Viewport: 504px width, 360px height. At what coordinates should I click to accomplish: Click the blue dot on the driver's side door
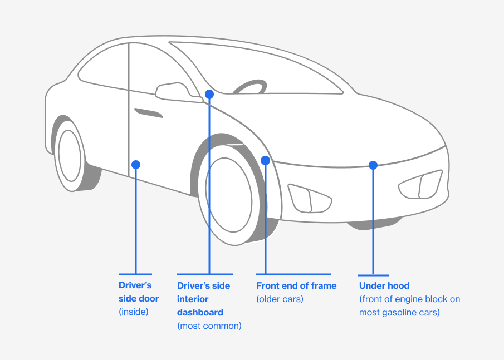(136, 165)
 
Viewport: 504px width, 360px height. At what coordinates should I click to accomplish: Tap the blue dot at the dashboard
(209, 95)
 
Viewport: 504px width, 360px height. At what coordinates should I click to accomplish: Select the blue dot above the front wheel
(265, 160)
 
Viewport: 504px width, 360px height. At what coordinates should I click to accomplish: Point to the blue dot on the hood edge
(373, 165)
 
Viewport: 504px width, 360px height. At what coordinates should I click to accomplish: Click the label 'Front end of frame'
(296, 285)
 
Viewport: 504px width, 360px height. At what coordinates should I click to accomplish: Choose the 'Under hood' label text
(384, 285)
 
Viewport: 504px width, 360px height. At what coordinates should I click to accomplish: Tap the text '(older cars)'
(280, 299)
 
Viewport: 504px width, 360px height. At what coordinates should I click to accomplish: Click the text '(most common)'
(209, 326)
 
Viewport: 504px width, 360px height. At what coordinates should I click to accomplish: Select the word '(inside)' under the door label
(134, 312)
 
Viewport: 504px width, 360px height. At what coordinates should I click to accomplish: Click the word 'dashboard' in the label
(200, 312)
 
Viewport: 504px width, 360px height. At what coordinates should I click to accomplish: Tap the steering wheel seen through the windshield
(249, 87)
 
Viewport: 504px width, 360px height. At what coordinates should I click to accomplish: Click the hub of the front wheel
(229, 195)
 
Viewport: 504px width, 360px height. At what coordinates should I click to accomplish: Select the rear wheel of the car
(70, 156)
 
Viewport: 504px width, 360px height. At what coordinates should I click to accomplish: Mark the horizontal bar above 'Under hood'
(373, 275)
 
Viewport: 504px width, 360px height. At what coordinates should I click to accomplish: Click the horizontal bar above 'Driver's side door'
(135, 274)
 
